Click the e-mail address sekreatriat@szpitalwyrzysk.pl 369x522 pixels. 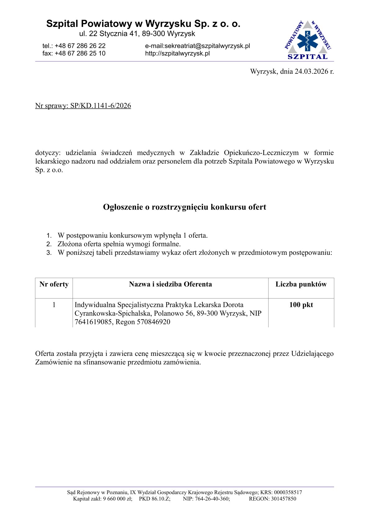click(x=207, y=46)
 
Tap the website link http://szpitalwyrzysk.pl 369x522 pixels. click(x=177, y=53)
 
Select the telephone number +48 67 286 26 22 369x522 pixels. click(x=80, y=46)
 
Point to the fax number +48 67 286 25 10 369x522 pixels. click(x=80, y=53)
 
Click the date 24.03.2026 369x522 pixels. click(x=311, y=71)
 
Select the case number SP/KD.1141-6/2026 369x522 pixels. click(x=100, y=106)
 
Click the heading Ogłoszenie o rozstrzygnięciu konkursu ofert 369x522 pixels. click(x=184, y=207)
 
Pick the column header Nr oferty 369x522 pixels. click(x=54, y=284)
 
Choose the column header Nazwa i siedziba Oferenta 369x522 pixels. click(x=171, y=284)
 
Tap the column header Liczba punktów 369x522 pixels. click(x=301, y=284)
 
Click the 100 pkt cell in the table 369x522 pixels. click(x=301, y=305)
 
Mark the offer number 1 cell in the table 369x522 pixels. click(x=54, y=305)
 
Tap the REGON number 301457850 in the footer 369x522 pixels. click(x=283, y=499)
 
